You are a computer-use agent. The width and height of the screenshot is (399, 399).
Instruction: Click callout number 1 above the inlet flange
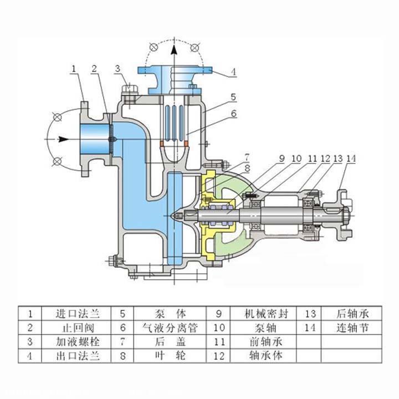point(74,69)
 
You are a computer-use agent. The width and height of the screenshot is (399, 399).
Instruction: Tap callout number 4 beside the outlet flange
point(233,71)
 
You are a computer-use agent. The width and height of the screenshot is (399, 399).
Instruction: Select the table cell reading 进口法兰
point(74,313)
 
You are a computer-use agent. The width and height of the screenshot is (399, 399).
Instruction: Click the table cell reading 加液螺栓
point(74,341)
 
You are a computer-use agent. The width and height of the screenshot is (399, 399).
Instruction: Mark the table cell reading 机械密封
point(267,313)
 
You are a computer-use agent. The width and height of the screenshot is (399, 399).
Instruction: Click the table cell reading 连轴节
point(352,327)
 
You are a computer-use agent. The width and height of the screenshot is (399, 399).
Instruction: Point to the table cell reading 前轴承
point(267,341)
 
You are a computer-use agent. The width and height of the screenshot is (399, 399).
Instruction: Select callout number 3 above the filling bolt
point(117,69)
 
